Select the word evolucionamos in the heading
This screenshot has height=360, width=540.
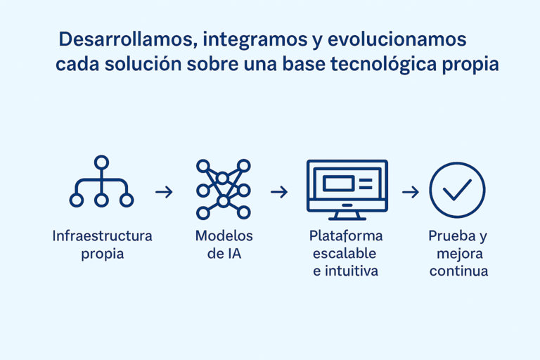click(397, 39)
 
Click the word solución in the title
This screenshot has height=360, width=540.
click(143, 64)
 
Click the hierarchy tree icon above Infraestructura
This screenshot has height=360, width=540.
click(101, 181)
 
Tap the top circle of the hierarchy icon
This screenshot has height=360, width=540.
click(101, 162)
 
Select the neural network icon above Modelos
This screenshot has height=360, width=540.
click(223, 189)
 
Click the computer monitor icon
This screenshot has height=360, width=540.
click(347, 190)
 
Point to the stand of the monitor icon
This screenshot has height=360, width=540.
click(347, 216)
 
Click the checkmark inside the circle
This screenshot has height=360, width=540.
click(457, 189)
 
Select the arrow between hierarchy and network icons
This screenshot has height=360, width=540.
click(164, 192)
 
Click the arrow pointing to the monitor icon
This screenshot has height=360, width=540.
click(279, 192)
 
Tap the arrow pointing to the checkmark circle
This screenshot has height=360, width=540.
click(411, 192)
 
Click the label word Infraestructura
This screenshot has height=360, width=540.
click(102, 236)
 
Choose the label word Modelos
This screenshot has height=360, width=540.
click(224, 236)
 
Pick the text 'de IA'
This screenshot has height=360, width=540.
click(224, 254)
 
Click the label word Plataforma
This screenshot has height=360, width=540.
click(346, 236)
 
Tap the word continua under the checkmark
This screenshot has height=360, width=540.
click(458, 271)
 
